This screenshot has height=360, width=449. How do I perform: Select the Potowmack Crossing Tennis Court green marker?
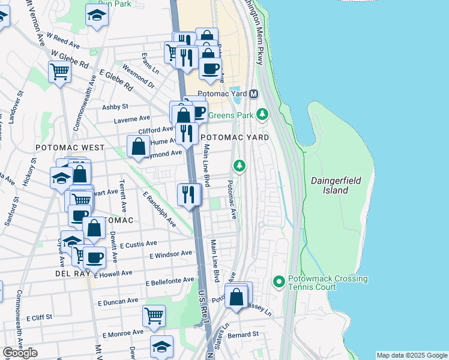279,281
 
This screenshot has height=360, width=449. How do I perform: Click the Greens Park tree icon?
262,113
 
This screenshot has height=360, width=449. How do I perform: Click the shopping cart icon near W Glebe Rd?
59,72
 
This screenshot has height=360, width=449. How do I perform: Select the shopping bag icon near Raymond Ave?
138,146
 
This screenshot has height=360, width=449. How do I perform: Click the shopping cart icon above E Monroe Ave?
154,315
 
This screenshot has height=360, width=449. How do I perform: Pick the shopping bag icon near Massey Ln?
238,296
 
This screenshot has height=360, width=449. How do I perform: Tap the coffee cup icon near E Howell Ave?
94,257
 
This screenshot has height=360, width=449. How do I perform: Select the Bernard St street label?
243,334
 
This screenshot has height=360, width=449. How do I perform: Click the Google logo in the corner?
20,353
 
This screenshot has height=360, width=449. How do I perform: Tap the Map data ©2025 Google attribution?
411,355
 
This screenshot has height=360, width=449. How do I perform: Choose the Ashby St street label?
115,107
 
